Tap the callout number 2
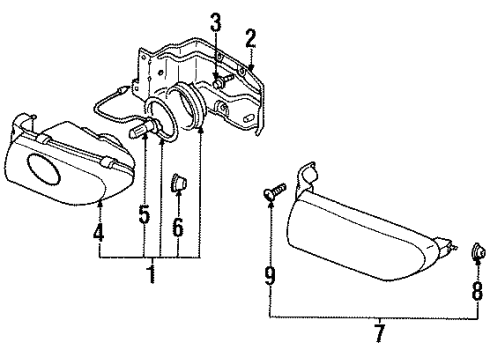click(x=251, y=40)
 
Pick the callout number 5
click(x=145, y=214)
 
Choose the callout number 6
click(x=177, y=227)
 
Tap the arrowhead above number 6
click(x=177, y=200)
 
